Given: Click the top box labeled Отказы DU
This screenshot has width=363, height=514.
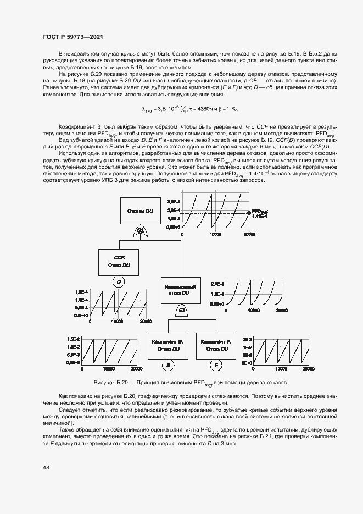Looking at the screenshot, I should [x=141, y=211].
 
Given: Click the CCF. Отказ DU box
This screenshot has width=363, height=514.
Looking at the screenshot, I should [x=119, y=261].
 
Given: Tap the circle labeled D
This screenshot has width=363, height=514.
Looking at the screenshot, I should [x=119, y=281].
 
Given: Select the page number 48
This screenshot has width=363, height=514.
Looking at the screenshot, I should [x=46, y=467].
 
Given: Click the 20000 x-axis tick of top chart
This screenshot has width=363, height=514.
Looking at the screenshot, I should [x=249, y=234].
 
